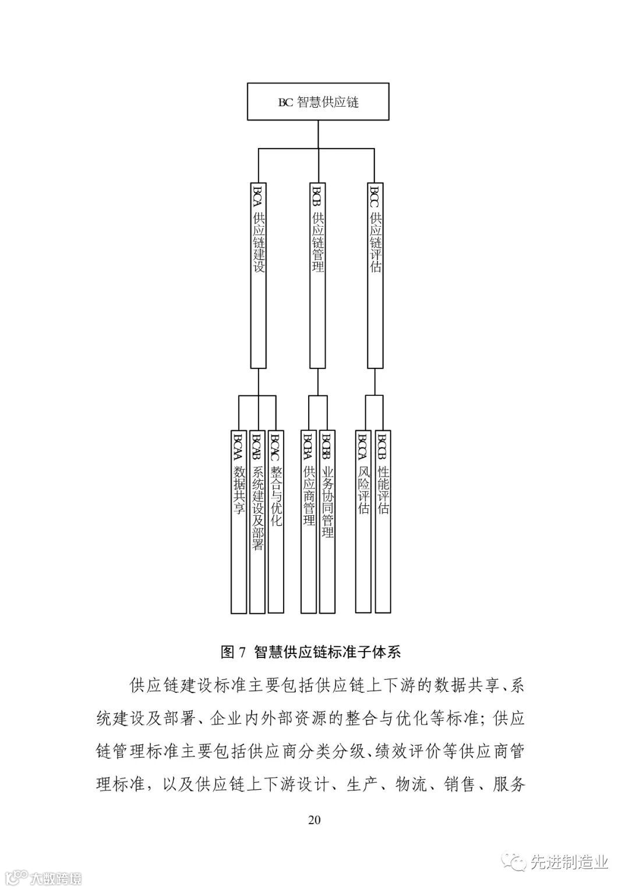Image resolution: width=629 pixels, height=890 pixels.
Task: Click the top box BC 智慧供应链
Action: click(318, 102)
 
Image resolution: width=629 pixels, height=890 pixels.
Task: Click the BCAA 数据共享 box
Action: click(239, 522)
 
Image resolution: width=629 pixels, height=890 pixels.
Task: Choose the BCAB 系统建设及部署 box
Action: click(257, 522)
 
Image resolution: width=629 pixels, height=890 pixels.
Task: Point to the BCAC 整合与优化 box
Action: click(275, 522)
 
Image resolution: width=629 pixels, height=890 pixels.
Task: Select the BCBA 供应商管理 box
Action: click(309, 522)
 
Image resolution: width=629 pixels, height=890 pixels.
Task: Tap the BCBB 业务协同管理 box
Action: click(327, 522)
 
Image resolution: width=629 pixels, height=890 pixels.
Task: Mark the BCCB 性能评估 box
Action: click(383, 522)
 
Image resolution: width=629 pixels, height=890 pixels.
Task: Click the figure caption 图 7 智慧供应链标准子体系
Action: click(311, 652)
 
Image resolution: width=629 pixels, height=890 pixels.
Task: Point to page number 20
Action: click(314, 819)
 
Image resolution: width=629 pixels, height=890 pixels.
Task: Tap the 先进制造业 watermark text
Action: click(568, 862)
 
